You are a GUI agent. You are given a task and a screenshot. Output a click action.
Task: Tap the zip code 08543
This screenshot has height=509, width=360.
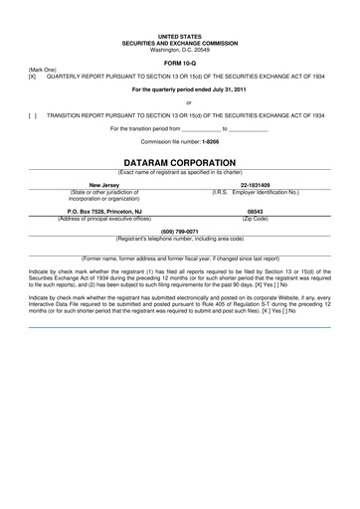256,211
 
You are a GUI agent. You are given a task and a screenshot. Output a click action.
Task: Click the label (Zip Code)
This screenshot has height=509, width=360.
256,218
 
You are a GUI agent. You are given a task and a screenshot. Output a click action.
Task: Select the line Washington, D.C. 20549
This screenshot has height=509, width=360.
180,50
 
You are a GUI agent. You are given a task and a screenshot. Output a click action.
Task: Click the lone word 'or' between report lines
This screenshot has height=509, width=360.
180,101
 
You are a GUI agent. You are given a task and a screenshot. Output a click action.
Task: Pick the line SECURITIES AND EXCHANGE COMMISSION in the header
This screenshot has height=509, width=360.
180,43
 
